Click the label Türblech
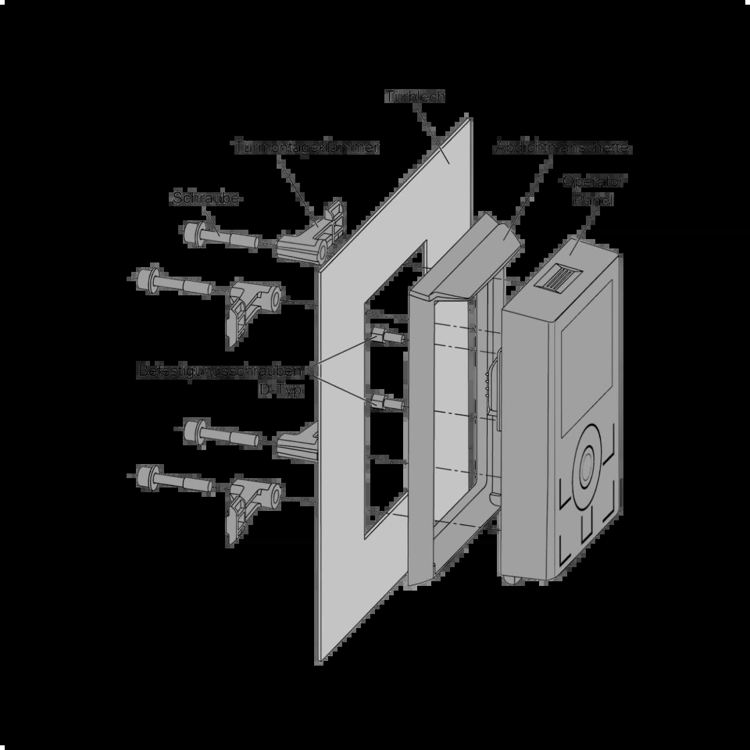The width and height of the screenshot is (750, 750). click(x=415, y=97)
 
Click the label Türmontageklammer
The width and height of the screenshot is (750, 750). click(x=306, y=147)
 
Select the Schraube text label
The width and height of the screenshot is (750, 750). click(x=206, y=198)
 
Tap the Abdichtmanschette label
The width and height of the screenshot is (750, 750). click(x=562, y=148)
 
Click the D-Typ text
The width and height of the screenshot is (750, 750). click(x=281, y=390)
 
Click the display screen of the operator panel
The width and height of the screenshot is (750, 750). click(x=587, y=357)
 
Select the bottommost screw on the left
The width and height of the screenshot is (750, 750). click(x=173, y=480)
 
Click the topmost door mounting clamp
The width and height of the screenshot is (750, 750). click(x=311, y=234)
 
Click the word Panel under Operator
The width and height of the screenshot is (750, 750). click(x=593, y=200)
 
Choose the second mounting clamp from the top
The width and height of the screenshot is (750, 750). click(x=252, y=308)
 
